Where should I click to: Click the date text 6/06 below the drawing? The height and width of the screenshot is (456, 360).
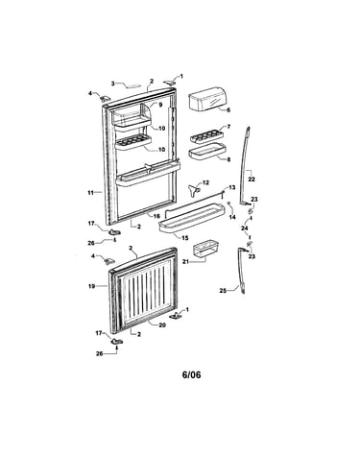click(191, 374)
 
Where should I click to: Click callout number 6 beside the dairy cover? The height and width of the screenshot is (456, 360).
click(228, 110)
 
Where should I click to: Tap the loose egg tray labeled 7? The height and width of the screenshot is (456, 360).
click(206, 136)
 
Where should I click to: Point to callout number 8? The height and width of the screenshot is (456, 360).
click(228, 159)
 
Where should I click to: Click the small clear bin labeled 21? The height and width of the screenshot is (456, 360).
click(206, 250)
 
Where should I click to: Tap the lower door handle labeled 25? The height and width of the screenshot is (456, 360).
click(241, 270)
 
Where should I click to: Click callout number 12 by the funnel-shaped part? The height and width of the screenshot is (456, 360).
click(205, 182)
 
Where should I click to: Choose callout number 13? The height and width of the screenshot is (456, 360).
click(232, 187)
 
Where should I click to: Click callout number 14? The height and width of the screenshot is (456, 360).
click(232, 217)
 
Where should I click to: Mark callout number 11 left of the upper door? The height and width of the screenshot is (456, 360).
click(91, 193)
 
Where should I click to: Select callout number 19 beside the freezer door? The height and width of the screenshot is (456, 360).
click(91, 286)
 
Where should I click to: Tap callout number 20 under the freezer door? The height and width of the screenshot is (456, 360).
click(162, 324)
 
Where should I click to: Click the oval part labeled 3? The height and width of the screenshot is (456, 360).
click(132, 85)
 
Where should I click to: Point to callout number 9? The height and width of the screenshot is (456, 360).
click(160, 105)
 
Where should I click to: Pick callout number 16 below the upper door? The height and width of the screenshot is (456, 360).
click(156, 216)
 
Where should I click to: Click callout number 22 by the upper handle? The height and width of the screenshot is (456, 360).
click(252, 180)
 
